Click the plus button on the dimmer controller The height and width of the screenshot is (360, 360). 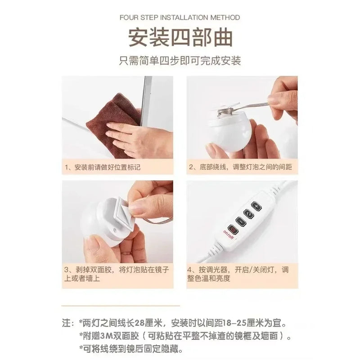(256, 206)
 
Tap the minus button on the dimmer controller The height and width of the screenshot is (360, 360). (241, 221)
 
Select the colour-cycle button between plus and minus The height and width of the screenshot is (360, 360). (249, 214)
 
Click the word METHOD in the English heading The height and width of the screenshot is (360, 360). (225, 18)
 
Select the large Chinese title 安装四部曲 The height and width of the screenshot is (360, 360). (180, 37)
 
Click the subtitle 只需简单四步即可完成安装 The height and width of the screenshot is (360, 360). (180, 61)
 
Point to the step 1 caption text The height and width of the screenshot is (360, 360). (103, 167)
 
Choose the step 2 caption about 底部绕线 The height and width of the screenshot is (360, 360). (240, 167)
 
